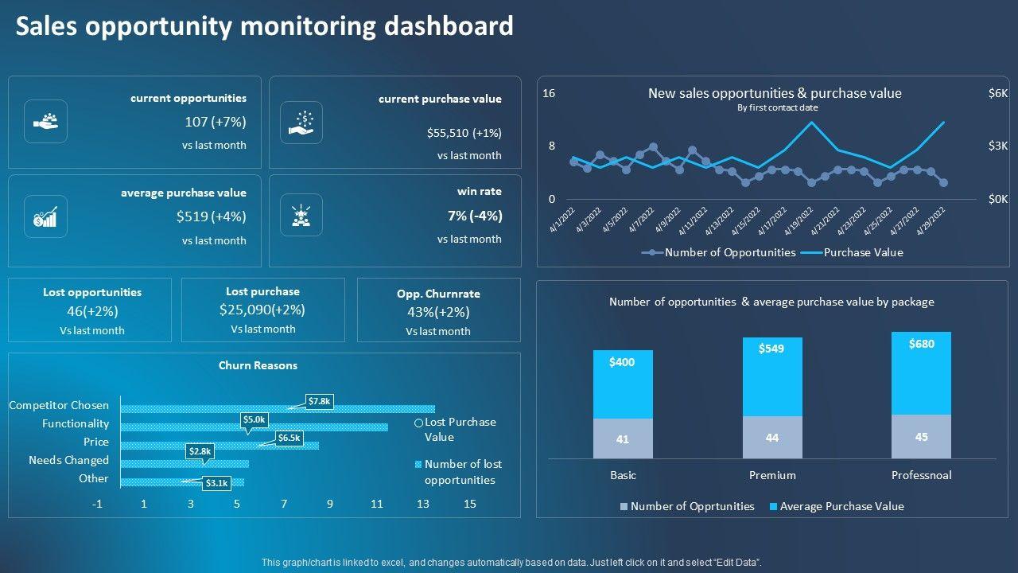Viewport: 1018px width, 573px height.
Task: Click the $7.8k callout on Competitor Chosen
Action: (319, 402)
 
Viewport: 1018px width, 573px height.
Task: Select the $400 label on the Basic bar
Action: (622, 362)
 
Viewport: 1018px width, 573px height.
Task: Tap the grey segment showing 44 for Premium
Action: (772, 437)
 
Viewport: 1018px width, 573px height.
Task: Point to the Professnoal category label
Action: (921, 475)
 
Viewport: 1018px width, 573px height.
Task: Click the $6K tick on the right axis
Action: (997, 94)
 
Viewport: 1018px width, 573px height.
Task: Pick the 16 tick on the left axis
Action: (549, 94)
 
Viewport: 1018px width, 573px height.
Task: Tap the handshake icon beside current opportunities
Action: (46, 121)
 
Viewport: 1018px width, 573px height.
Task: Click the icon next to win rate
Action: (301, 215)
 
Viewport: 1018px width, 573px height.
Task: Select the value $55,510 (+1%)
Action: (464, 133)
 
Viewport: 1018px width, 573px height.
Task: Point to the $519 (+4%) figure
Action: (211, 216)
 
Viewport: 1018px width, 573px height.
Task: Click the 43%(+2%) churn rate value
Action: (438, 312)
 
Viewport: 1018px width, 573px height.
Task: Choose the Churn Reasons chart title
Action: (258, 365)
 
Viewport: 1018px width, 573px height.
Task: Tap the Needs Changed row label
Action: (68, 460)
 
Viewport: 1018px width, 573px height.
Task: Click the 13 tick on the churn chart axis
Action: (423, 504)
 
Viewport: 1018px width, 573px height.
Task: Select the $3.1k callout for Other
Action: (216, 482)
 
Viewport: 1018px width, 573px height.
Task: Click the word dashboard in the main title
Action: (449, 26)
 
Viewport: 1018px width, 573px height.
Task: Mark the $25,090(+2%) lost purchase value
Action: (262, 310)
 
